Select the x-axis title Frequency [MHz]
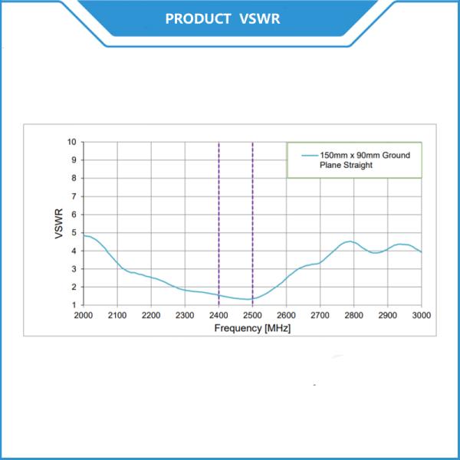[x=253, y=327]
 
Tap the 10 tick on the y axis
[x=72, y=142]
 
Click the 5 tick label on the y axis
[x=74, y=232]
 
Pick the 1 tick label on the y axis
[x=74, y=305]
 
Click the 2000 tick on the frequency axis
[x=83, y=315]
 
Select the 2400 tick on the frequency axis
[x=219, y=315]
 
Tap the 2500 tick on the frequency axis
[x=252, y=315]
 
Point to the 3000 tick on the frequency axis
[x=422, y=315]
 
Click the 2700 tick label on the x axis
[x=320, y=315]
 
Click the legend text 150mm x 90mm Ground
[x=366, y=155]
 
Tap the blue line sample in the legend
[x=308, y=156]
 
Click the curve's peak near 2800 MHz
[x=349, y=242]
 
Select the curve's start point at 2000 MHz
[x=84, y=235]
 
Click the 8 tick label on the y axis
[x=74, y=178]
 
